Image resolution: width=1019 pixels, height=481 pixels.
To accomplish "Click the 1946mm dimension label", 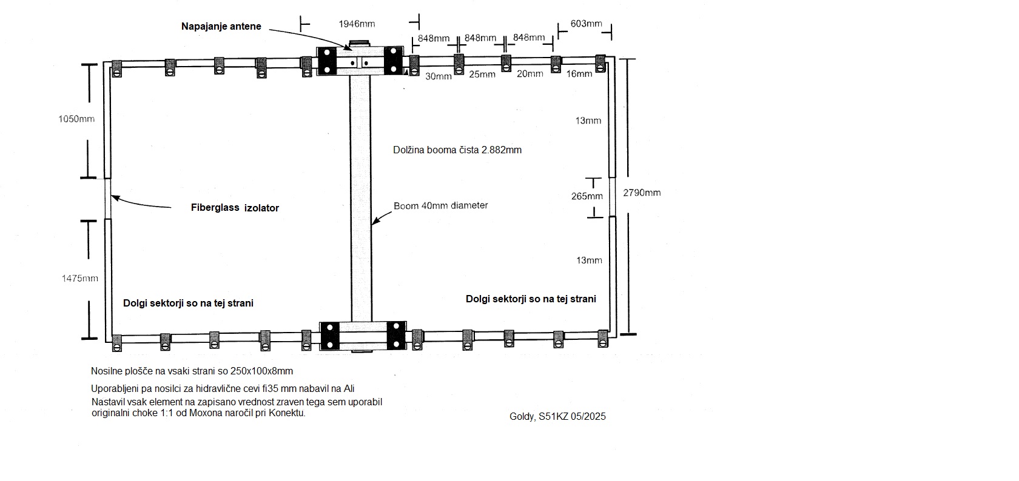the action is (x=357, y=24).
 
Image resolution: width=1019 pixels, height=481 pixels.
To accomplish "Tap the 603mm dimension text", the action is (x=586, y=24).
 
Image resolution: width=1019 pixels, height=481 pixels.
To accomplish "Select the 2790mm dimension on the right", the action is (x=642, y=193).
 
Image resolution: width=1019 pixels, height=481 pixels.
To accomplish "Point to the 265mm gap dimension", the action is (x=587, y=196).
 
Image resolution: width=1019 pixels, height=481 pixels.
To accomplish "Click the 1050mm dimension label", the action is (x=76, y=119).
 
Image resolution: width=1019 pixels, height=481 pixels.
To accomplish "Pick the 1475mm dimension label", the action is (x=80, y=279).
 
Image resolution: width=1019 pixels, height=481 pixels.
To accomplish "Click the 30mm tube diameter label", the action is (x=439, y=76).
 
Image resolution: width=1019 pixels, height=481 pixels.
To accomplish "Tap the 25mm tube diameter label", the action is (x=482, y=74).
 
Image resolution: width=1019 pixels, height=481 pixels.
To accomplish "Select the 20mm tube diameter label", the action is (x=530, y=73).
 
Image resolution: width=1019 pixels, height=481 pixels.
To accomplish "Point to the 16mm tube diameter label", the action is (x=579, y=73).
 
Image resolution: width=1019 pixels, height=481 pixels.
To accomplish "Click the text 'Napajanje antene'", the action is (x=221, y=26).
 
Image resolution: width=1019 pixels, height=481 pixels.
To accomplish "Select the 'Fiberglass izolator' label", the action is (x=235, y=208).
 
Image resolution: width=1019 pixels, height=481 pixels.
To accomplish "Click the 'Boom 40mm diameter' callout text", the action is (x=440, y=206).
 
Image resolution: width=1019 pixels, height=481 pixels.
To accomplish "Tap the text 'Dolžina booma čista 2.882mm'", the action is (x=457, y=150).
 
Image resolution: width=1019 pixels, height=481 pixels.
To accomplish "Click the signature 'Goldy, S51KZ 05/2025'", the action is (x=557, y=417).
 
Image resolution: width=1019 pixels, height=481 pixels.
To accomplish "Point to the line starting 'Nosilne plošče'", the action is (x=192, y=371).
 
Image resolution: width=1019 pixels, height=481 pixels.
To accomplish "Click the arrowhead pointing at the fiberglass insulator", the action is (x=115, y=198).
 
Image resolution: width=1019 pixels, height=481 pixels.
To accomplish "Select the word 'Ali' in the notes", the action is (x=348, y=389).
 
